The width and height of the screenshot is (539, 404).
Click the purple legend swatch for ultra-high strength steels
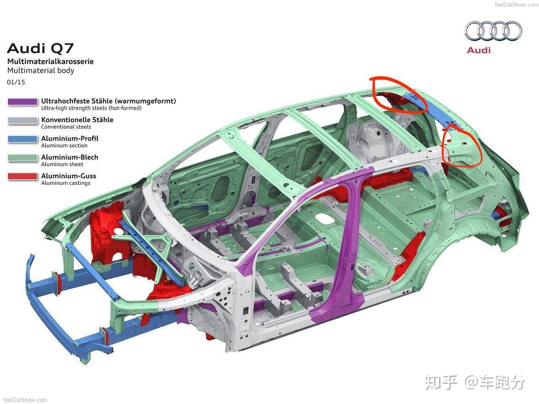pos(23,101)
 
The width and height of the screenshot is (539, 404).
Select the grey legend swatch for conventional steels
pos(23,120)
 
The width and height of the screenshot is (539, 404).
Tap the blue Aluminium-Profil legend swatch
pos(23,139)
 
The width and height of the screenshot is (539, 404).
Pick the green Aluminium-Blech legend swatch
pos(23,157)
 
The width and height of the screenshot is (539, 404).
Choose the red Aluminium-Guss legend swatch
pos(23,176)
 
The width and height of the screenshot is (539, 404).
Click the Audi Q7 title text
pos(40,48)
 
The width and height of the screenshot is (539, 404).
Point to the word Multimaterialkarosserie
pos(51,61)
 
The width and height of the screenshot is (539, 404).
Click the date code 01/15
pos(16,82)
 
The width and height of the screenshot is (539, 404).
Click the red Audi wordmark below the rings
pos(479,50)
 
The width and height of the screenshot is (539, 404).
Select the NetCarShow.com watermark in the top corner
pos(516,5)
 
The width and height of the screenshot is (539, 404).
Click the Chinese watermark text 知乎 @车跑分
pos(475,383)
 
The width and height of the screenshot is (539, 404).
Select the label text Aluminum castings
pos(66,183)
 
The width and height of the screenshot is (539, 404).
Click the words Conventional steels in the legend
pos(66,127)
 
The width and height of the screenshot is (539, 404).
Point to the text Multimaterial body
pos(41,71)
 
